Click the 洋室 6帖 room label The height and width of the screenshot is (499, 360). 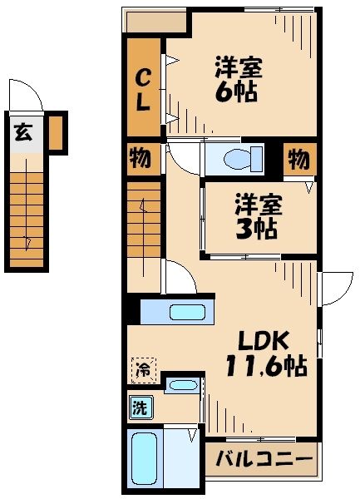tap(235, 79)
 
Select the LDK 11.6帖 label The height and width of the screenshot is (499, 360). tap(264, 353)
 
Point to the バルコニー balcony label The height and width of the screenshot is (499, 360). tap(264, 457)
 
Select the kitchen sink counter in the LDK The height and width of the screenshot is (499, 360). tap(177, 313)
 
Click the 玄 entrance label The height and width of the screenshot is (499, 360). tap(23, 131)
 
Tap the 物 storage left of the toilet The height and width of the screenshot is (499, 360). tap(140, 158)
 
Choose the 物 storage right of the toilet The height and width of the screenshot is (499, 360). tap(298, 158)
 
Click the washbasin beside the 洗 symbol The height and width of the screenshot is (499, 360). tap(181, 384)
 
